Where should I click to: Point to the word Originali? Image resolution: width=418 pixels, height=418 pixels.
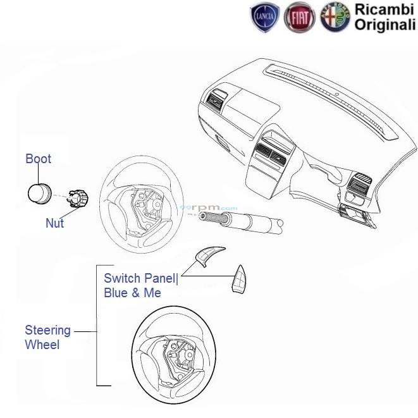pos(384,25)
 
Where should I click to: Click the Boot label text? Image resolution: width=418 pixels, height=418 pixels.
pos(38,159)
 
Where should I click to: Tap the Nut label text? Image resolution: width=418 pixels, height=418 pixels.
pos(54,223)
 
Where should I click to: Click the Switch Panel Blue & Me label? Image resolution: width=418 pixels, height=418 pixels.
pos(140,285)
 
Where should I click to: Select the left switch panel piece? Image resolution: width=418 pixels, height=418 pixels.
pos(205,256)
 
